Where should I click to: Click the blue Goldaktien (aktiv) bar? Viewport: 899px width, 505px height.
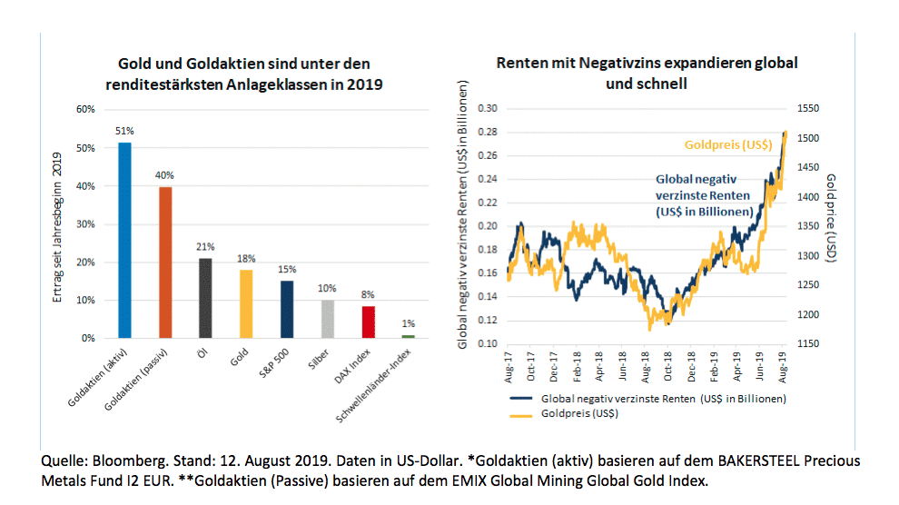[124, 240]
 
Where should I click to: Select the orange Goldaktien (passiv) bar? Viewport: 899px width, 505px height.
[165, 262]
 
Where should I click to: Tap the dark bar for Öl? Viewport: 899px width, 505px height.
[205, 298]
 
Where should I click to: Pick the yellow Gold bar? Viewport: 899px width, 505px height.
[246, 303]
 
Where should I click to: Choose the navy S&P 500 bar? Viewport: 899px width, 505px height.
[286, 309]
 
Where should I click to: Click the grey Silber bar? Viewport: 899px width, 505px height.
[327, 319]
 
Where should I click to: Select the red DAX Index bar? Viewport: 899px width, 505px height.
[367, 322]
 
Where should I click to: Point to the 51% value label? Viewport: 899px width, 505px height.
[124, 130]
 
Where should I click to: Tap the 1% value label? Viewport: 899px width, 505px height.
[408, 324]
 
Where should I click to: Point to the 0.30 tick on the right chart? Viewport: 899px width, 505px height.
[488, 108]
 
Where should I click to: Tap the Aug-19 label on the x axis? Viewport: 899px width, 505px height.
[782, 370]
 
